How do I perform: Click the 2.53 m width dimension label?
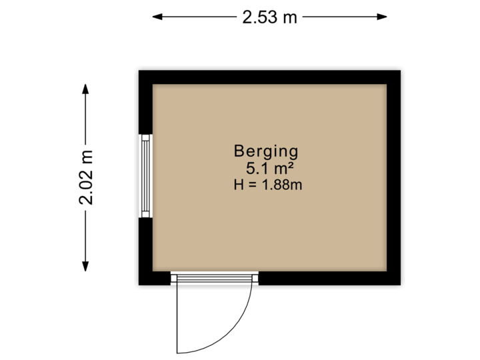click(269, 17)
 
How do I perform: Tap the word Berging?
click(265, 151)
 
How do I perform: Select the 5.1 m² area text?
click(266, 168)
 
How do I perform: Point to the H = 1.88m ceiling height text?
click(268, 185)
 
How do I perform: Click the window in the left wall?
click(145, 176)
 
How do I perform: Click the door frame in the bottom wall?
click(214, 278)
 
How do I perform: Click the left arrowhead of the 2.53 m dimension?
click(155, 17)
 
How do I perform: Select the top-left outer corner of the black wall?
click(135, 67)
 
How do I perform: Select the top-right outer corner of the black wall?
click(404, 67)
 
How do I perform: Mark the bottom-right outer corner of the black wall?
click(404, 289)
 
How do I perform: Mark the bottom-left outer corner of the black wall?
click(135, 289)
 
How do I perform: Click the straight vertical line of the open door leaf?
click(177, 320)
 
